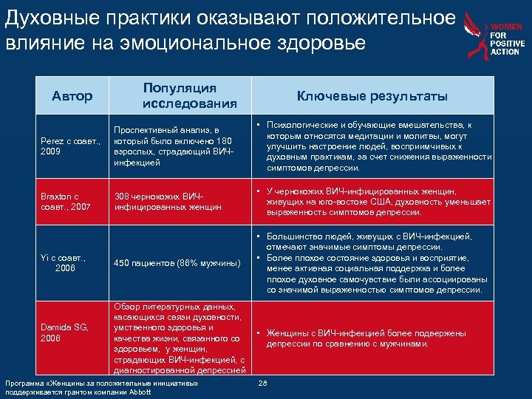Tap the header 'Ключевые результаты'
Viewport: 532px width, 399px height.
[372, 96]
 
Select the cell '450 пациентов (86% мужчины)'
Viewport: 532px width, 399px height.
[177, 264]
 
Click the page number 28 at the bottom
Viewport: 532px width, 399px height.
[264, 383]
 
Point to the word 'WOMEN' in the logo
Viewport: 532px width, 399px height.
[508, 27]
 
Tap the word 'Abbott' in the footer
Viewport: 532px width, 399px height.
[137, 392]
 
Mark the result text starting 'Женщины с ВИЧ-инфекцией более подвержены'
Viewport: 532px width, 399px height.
[366, 338]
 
